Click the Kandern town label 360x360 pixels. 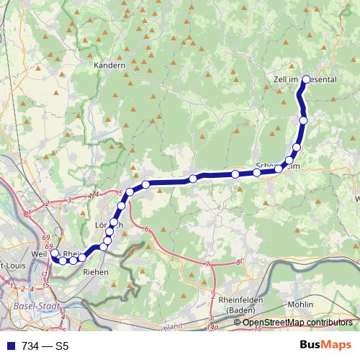tap(109, 65)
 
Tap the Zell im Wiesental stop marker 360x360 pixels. tap(307, 79)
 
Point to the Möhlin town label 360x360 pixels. tap(300, 305)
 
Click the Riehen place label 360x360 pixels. tap(96, 272)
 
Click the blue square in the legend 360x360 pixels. tap(9, 345)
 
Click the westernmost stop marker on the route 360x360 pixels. tap(54, 253)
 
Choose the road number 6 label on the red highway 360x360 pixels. tap(146, 230)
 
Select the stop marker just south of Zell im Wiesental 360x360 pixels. tap(303, 120)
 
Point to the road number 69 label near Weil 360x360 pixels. tap(46, 238)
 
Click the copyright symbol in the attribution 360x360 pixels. tap(237, 322)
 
